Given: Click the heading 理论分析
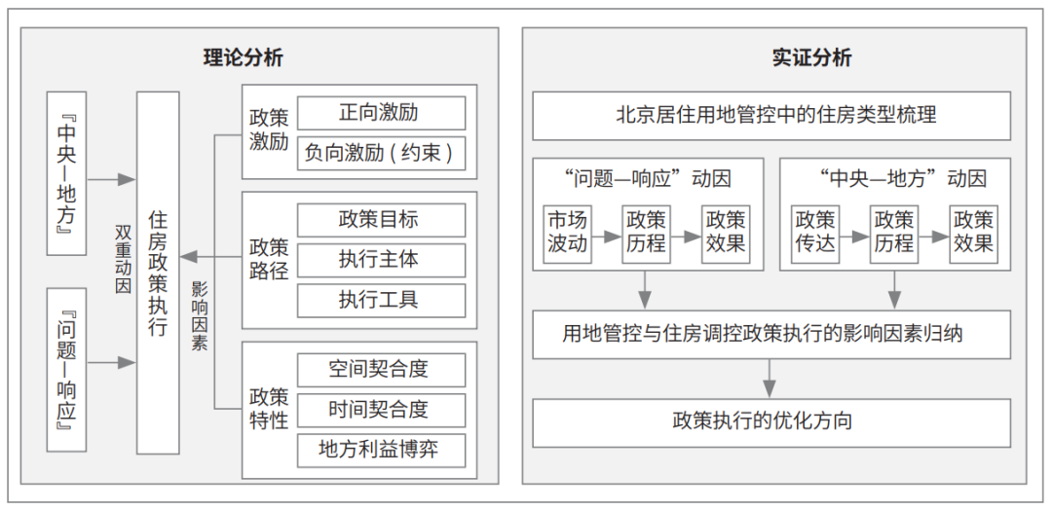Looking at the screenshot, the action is (x=243, y=58).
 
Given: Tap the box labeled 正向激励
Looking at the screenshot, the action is (x=381, y=113).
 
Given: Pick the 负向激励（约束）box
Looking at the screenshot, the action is (x=381, y=154).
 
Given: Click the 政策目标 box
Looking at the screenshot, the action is (x=381, y=220).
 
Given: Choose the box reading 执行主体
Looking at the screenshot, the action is (x=381, y=260).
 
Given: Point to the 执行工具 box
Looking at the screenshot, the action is (x=381, y=300).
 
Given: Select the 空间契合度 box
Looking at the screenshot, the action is (x=381, y=370).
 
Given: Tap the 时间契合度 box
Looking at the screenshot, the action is (x=381, y=410).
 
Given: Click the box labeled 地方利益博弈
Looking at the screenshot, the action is (x=381, y=451).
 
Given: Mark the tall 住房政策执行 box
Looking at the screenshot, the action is (x=159, y=273).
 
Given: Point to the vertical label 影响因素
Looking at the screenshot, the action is (x=200, y=316).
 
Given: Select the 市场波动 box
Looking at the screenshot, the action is (x=567, y=232).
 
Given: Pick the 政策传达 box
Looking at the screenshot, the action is (x=816, y=232).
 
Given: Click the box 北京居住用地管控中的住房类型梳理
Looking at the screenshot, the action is (x=771, y=116).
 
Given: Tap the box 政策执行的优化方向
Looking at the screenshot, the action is (x=771, y=422).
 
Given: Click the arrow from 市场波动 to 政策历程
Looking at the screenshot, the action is (x=606, y=236).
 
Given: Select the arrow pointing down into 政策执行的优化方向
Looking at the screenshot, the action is (x=770, y=378).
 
